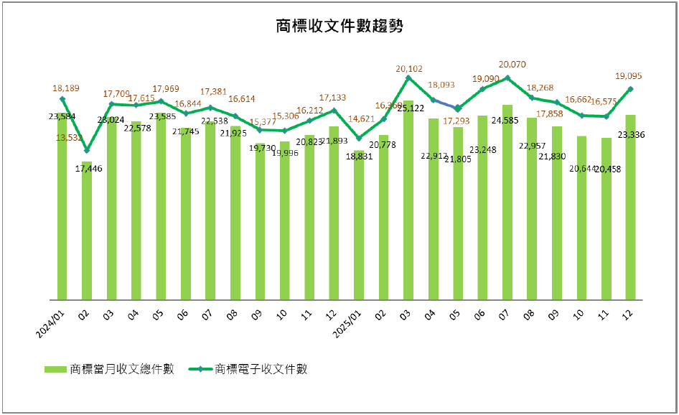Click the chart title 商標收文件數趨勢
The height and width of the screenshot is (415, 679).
[x=339, y=27]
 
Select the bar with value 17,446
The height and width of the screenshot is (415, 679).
[x=87, y=230]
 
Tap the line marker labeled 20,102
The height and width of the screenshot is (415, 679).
[x=408, y=78]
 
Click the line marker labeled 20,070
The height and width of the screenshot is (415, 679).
[x=507, y=78]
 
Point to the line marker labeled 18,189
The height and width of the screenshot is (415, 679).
[x=62, y=99]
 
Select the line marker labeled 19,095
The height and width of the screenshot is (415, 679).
[x=630, y=89]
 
